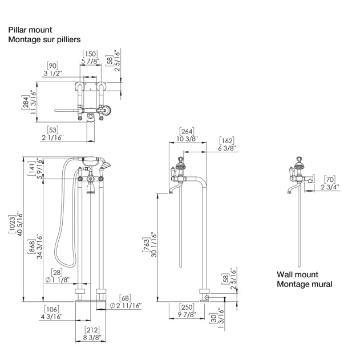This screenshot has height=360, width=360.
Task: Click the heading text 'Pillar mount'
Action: [30, 30]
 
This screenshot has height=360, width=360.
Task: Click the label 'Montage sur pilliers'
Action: [45, 39]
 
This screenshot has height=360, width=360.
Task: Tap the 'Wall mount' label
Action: [297, 274]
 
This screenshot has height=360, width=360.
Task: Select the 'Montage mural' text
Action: [305, 284]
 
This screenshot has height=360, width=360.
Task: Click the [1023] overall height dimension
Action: [12, 224]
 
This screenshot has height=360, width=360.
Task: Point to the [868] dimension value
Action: [31, 246]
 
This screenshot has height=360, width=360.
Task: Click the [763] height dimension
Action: [146, 245]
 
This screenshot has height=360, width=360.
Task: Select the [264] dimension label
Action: [187, 131]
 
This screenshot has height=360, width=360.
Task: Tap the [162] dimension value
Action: [226, 140]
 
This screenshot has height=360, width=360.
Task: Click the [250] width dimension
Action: [187, 307]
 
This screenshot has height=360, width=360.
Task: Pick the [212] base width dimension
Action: [92, 330]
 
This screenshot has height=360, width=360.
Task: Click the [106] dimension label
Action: [51, 309]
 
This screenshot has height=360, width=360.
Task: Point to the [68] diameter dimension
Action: [126, 298]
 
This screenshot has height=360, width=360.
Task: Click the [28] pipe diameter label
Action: [56, 272]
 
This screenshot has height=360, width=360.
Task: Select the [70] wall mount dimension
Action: [330, 180]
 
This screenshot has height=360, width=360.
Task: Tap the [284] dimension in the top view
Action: [25, 102]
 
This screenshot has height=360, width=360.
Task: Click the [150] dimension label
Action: [90, 54]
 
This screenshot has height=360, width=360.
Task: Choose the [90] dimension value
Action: [52, 66]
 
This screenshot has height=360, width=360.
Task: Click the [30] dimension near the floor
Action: [213, 318]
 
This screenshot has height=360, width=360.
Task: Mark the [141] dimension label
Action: [31, 168]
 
